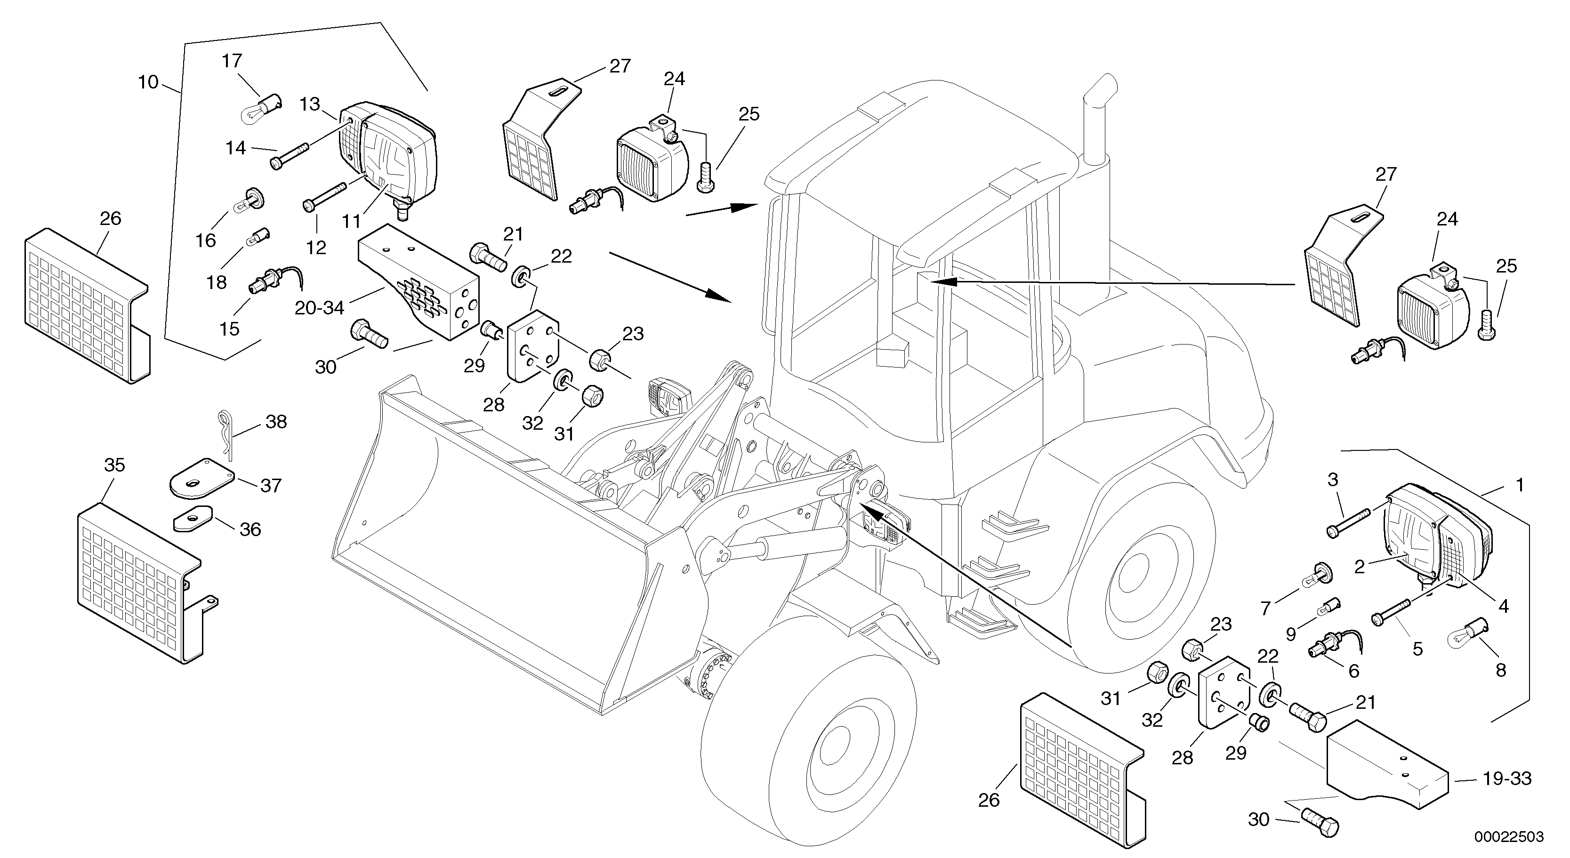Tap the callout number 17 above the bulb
232,61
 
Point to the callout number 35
114,465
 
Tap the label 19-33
1506,779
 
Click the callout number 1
1520,485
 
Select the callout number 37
271,486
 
